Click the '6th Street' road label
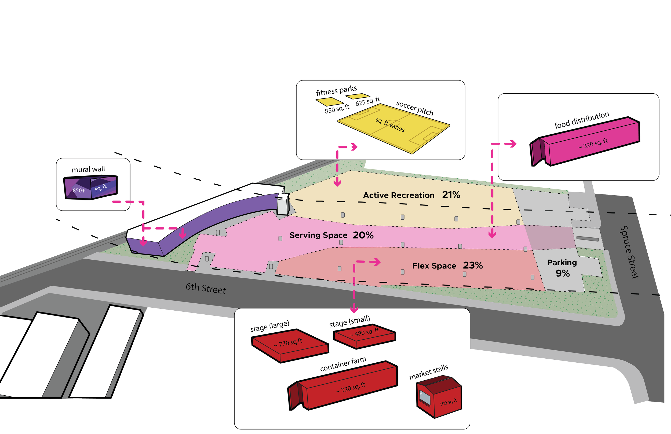(x=206, y=288)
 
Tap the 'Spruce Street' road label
(x=629, y=252)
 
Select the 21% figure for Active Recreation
(x=451, y=195)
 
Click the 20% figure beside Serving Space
(x=363, y=235)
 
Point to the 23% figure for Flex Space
(x=473, y=265)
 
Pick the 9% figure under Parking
(x=563, y=273)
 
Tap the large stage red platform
(x=290, y=345)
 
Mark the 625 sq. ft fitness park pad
(x=358, y=96)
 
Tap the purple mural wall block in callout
(x=90, y=187)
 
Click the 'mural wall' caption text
(x=88, y=169)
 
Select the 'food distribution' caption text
(x=582, y=120)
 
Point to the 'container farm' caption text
(x=343, y=364)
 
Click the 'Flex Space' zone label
(x=434, y=266)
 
